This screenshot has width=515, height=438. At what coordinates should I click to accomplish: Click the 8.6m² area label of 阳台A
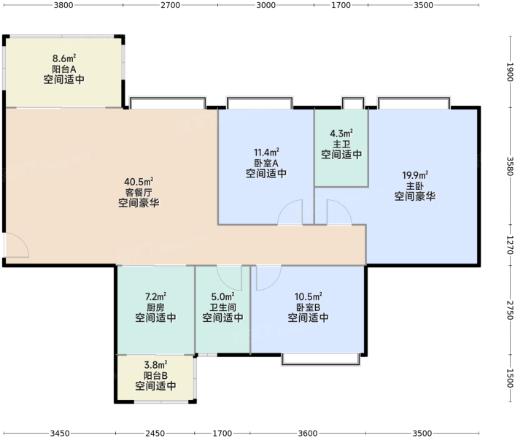[64, 58]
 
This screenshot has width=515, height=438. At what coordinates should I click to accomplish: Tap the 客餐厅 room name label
[139, 193]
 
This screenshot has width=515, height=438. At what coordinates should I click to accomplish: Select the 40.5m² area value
[139, 182]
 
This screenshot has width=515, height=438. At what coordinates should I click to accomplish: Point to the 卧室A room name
[266, 163]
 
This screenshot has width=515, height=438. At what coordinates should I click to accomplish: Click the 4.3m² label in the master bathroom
[341, 134]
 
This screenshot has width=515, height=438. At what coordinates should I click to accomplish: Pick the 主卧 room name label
[415, 186]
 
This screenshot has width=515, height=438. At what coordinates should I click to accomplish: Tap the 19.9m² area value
[415, 175]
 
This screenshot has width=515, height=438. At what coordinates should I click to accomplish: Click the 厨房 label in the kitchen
[155, 307]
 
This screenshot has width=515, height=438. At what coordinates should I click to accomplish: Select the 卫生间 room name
[222, 307]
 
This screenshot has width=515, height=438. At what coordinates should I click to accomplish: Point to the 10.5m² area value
[308, 296]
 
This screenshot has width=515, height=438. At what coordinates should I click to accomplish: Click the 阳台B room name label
[155, 375]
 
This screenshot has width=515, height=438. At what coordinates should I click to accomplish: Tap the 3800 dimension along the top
[63, 5]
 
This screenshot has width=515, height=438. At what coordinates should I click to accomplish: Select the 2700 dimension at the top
[170, 5]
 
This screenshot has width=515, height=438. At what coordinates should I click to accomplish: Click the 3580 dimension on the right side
[510, 166]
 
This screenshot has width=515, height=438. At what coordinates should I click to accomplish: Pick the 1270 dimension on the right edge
[510, 245]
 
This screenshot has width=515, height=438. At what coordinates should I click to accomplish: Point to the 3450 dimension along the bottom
[60, 434]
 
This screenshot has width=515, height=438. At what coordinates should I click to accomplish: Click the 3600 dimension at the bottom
[308, 434]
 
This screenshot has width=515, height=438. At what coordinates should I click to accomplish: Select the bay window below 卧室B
[320, 359]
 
